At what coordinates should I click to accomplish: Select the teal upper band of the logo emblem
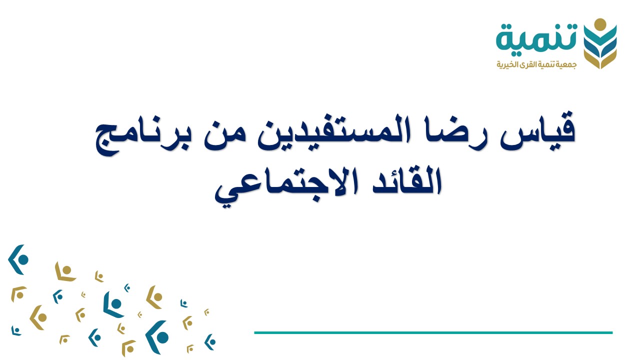pyautogui.click(x=600, y=37)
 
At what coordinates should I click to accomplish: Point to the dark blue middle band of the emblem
pyautogui.click(x=600, y=49)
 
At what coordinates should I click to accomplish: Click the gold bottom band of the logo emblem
pyautogui.click(x=600, y=60)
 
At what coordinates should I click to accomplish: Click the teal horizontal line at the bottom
pyautogui.click(x=433, y=332)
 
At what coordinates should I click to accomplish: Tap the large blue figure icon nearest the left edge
pyautogui.click(x=18, y=259)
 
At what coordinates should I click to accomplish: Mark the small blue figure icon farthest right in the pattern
pyautogui.click(x=210, y=342)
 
